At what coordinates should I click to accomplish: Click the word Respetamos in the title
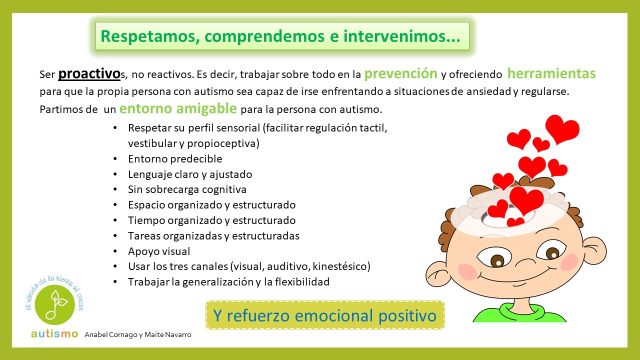(x=150, y=36)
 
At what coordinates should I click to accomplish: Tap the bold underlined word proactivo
(x=89, y=73)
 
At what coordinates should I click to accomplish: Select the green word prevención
(x=401, y=73)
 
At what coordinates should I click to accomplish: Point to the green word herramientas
(x=551, y=73)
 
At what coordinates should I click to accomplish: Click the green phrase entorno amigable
(x=178, y=108)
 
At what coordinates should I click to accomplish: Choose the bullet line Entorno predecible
(x=175, y=159)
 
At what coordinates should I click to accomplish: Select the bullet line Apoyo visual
(x=159, y=251)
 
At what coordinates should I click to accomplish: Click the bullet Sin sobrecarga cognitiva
(x=187, y=189)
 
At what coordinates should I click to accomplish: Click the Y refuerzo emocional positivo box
(x=325, y=315)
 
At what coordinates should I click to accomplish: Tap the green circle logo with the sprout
(x=54, y=304)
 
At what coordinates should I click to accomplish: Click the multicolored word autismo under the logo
(x=54, y=333)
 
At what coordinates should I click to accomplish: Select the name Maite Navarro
(x=167, y=334)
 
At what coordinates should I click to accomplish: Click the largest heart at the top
(x=562, y=129)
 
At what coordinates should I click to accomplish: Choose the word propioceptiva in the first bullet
(x=223, y=143)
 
